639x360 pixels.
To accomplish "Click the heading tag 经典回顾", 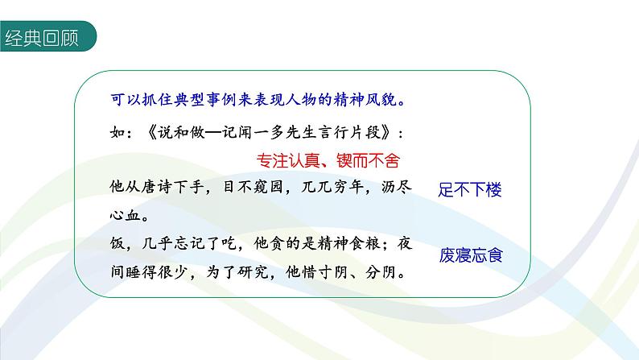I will [42, 38].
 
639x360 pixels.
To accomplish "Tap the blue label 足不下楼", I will [471, 191].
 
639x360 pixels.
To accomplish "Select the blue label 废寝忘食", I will [471, 256].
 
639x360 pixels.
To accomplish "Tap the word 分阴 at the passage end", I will [383, 273].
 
